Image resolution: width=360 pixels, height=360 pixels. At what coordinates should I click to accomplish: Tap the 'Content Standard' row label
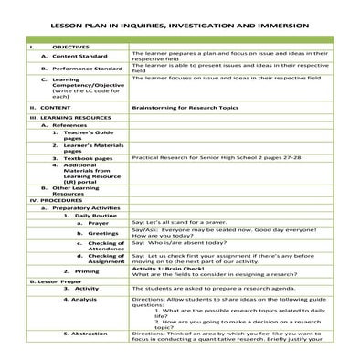(85, 56)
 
